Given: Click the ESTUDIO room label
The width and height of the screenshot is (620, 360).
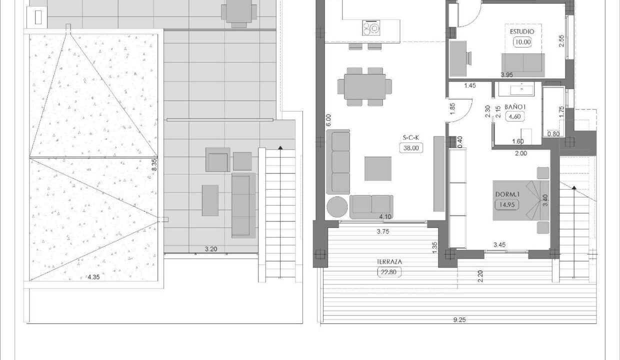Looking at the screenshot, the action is (x=521, y=32).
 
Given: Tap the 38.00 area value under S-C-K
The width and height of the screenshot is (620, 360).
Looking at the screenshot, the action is (x=411, y=148).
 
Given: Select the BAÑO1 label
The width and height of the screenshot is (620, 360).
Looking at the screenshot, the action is (x=515, y=107).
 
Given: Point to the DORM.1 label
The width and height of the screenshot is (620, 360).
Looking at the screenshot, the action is (x=507, y=194).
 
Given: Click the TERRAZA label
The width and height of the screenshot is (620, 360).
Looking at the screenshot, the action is (x=389, y=262).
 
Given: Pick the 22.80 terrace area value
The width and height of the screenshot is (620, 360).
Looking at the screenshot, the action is (x=389, y=272).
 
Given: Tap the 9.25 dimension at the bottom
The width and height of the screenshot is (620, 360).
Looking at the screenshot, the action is (x=459, y=320).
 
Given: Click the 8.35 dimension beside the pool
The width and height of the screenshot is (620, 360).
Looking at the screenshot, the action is (x=154, y=164).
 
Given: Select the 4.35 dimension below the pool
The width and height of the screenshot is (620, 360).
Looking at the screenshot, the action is (x=93, y=277).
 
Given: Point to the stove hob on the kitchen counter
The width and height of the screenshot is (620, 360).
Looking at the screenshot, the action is (x=371, y=28).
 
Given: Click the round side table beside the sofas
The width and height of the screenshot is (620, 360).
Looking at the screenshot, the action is (x=337, y=206).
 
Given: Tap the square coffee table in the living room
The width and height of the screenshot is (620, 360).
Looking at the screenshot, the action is (x=378, y=169).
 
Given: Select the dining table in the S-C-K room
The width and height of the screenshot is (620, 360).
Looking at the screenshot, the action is (x=365, y=86).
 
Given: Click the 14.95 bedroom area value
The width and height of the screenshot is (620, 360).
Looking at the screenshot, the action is (x=507, y=205).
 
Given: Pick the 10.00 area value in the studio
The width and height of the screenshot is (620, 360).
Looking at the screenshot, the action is (x=523, y=42).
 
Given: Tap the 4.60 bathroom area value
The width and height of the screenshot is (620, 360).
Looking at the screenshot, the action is (x=514, y=116).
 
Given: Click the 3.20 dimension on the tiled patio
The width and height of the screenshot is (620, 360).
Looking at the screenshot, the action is (x=211, y=249).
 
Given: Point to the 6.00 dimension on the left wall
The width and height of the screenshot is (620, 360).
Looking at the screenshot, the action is (x=328, y=120).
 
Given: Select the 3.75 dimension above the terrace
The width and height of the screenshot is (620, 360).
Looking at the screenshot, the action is (x=383, y=231).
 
